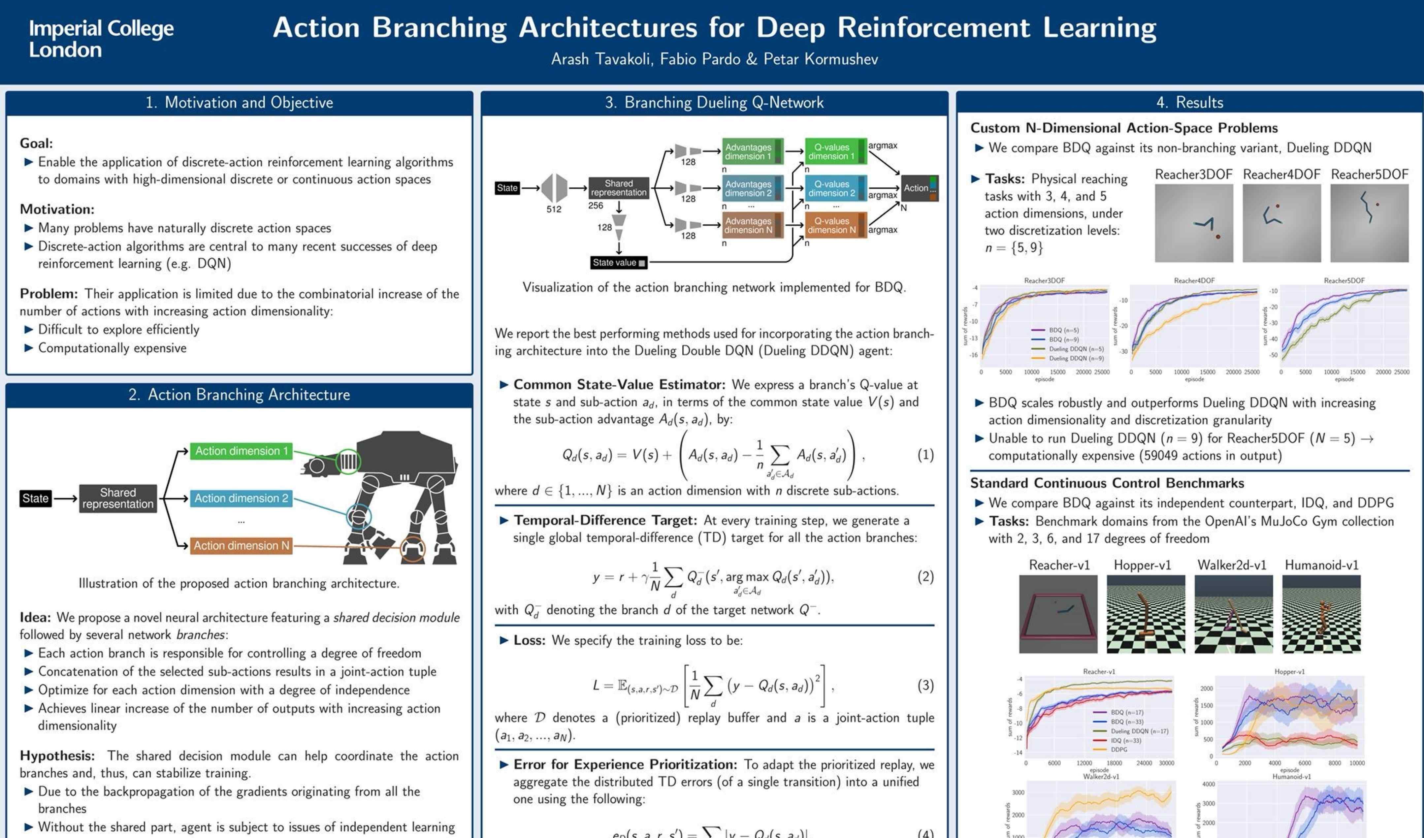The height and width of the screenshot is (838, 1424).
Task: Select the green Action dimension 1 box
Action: pos(241,451)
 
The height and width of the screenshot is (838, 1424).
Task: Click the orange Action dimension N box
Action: pos(241,545)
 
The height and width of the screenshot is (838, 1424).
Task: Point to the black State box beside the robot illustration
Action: pos(35,499)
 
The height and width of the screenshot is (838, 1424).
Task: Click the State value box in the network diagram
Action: pos(619,263)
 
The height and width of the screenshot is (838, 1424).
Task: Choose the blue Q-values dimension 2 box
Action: pos(835,188)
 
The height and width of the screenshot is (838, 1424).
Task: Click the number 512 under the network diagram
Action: pos(554,209)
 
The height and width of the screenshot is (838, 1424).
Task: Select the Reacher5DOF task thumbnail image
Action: pos(1369,223)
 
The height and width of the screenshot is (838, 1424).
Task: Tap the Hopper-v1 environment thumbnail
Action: pos(1146,614)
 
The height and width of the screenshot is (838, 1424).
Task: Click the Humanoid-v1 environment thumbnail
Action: pos(1321,614)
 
